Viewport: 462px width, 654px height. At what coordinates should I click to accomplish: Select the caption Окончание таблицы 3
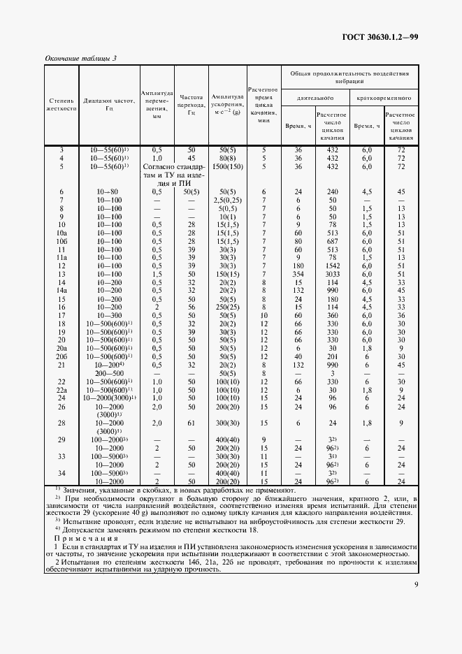tap(80, 58)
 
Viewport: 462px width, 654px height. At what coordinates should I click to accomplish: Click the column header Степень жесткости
tap(61, 105)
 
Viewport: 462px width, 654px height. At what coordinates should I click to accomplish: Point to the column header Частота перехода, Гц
tap(191, 105)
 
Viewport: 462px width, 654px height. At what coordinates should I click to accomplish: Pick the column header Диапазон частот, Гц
tap(108, 105)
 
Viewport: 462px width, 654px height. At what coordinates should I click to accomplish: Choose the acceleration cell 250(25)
tap(229, 307)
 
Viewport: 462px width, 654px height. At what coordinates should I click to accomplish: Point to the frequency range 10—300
tap(108, 315)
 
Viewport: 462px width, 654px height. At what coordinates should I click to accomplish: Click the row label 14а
tap(62, 291)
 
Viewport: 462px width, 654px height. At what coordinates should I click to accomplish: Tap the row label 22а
tap(62, 389)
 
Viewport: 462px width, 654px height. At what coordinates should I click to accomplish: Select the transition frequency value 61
tap(191, 423)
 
